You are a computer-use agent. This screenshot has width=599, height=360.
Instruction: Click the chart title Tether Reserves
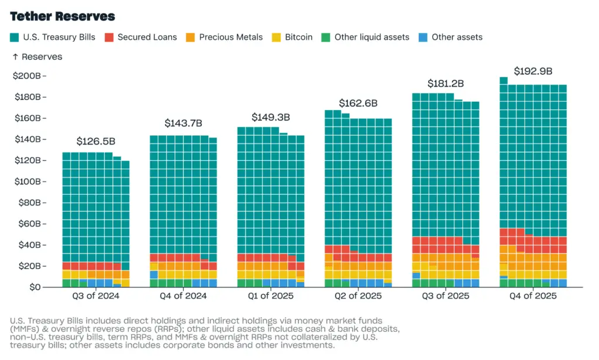click(x=63, y=16)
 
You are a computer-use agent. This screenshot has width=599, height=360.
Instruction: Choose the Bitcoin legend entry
click(x=298, y=37)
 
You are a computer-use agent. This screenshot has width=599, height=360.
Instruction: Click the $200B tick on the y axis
click(x=27, y=76)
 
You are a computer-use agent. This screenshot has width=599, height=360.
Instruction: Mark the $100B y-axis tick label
click(x=27, y=181)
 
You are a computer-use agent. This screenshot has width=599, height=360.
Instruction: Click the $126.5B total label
click(x=95, y=142)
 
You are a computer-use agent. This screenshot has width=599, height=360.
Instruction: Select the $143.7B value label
click(x=183, y=124)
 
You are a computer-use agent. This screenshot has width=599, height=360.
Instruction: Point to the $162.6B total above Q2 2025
click(x=358, y=103)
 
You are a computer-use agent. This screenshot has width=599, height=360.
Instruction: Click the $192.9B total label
click(x=533, y=71)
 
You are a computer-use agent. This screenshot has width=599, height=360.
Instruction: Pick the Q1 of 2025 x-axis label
click(x=271, y=296)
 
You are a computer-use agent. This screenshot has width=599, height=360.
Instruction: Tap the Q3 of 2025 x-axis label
click(x=446, y=296)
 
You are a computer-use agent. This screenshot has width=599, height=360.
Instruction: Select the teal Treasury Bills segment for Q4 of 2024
click(x=183, y=193)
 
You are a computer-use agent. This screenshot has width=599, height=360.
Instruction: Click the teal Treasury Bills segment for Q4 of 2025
click(x=533, y=158)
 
